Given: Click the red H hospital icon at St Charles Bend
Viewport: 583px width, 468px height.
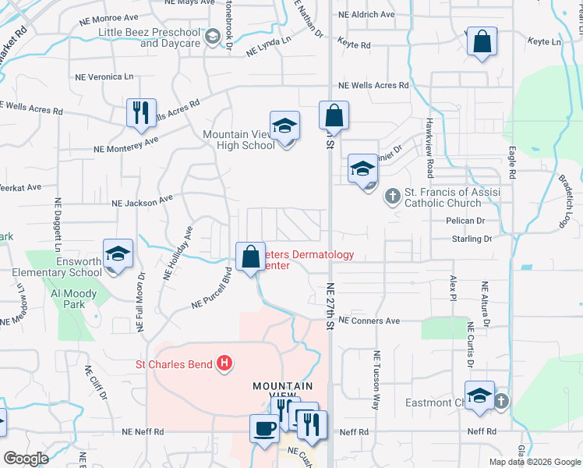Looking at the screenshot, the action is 224,363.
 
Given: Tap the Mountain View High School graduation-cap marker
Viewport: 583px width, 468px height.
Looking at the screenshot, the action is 284,125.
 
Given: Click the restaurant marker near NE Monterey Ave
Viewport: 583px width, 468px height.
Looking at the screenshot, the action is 142,112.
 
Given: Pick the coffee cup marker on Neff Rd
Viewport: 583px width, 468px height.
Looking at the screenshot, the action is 263,427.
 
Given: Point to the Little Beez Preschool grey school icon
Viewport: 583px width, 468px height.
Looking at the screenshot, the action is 211,37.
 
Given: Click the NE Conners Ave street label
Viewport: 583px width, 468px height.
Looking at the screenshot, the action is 369,321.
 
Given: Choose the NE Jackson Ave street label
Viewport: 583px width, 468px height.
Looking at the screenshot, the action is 142,201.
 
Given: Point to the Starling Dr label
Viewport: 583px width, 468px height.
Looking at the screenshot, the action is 472,239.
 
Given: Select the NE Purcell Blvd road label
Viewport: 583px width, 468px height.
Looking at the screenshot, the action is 213,290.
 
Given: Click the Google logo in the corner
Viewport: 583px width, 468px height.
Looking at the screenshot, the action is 26,459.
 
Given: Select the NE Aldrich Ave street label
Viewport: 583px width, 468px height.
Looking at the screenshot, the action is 366,14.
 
